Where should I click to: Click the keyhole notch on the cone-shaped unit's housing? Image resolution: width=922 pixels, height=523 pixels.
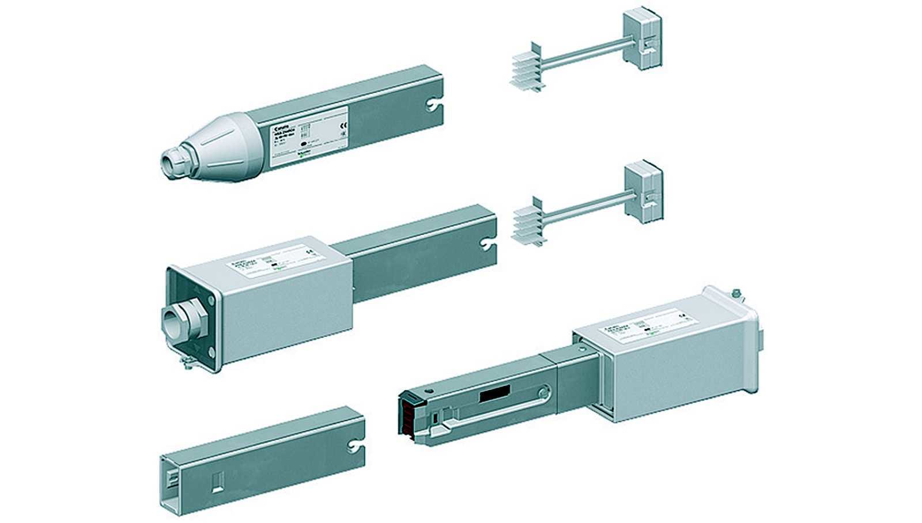click(433, 105)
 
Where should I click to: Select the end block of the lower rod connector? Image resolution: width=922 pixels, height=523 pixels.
click(643, 192)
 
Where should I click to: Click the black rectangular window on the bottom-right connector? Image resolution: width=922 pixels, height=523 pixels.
click(494, 394)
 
